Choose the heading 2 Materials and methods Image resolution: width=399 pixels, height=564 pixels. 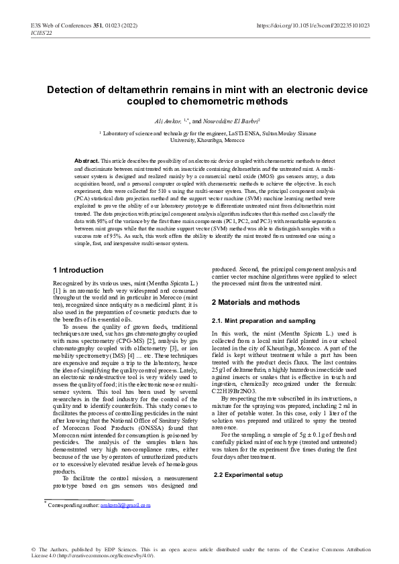click(x=255, y=303)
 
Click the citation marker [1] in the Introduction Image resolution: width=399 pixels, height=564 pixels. click(x=57, y=292)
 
